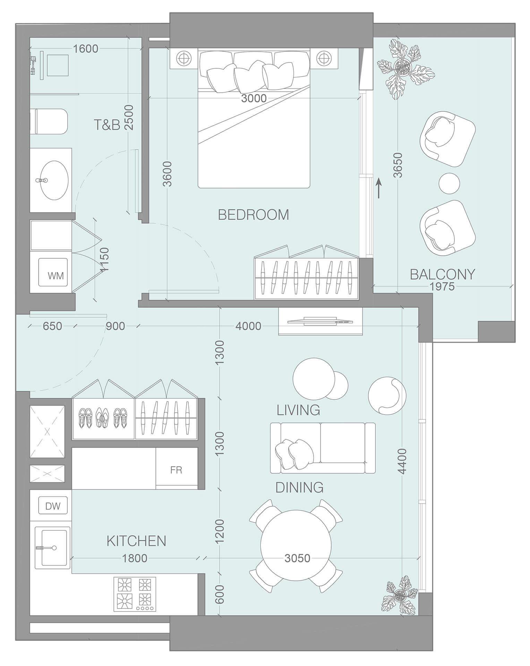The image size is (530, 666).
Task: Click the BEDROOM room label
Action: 253,215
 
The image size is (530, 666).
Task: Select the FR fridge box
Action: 176,470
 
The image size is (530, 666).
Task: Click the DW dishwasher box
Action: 53,506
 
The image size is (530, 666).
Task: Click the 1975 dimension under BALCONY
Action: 442,287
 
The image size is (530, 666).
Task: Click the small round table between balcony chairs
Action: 449,183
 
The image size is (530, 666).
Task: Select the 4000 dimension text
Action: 248,326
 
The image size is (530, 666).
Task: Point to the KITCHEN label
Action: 136,541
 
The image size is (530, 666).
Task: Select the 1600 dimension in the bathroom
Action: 86,49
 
